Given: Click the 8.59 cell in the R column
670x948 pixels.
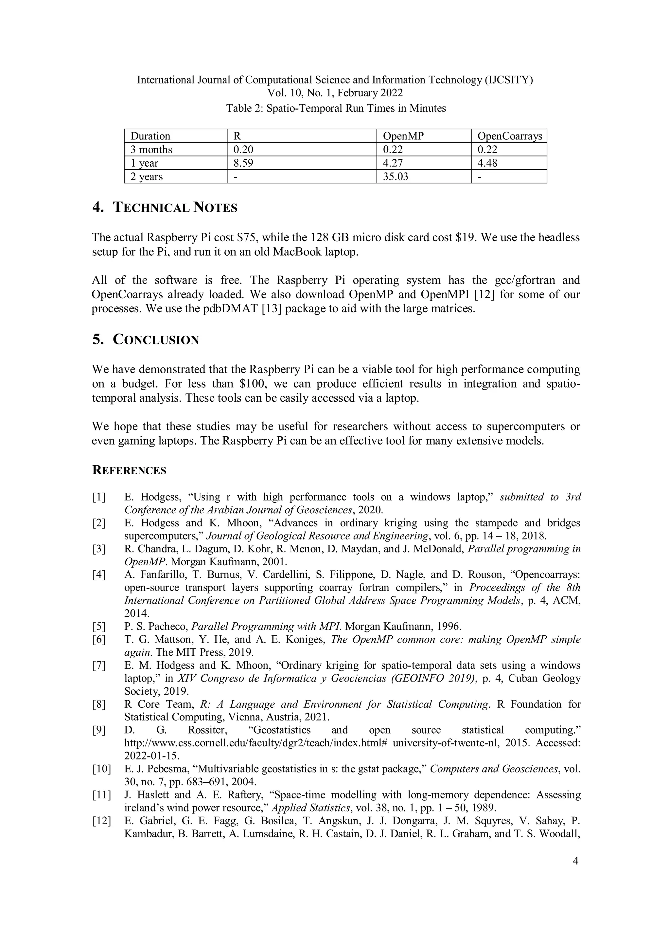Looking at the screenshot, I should point(243,163).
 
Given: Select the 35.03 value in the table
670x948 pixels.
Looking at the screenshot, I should point(396,177).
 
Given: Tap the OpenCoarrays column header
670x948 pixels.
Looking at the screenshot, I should point(509,136).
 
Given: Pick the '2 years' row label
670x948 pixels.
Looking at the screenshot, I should point(147,177).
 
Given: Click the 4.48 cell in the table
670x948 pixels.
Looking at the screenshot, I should point(487,163).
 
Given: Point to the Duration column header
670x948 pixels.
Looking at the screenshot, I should point(150,136).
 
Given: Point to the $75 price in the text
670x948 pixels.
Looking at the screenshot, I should point(247,237).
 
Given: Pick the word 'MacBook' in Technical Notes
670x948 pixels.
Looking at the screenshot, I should point(295,252).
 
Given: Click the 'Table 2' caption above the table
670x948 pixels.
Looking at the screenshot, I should point(336,108).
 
